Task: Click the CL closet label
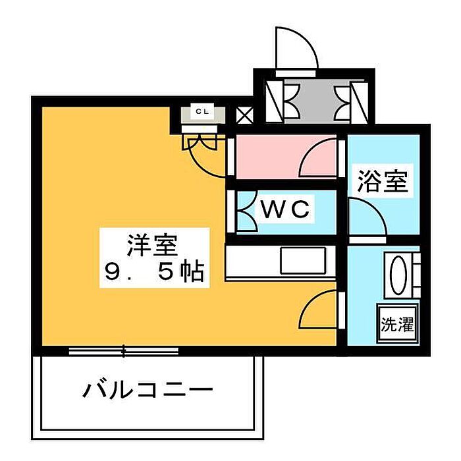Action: (x=203, y=111)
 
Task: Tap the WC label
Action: (x=285, y=209)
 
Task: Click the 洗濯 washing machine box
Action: (x=398, y=324)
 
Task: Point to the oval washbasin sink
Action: (x=398, y=275)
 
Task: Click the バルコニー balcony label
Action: (x=148, y=390)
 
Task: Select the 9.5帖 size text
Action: (x=155, y=272)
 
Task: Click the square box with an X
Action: (x=244, y=115)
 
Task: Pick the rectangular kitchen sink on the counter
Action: (x=304, y=261)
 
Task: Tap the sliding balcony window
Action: (x=124, y=351)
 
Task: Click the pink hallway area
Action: (x=267, y=157)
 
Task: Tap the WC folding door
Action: (x=246, y=211)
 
